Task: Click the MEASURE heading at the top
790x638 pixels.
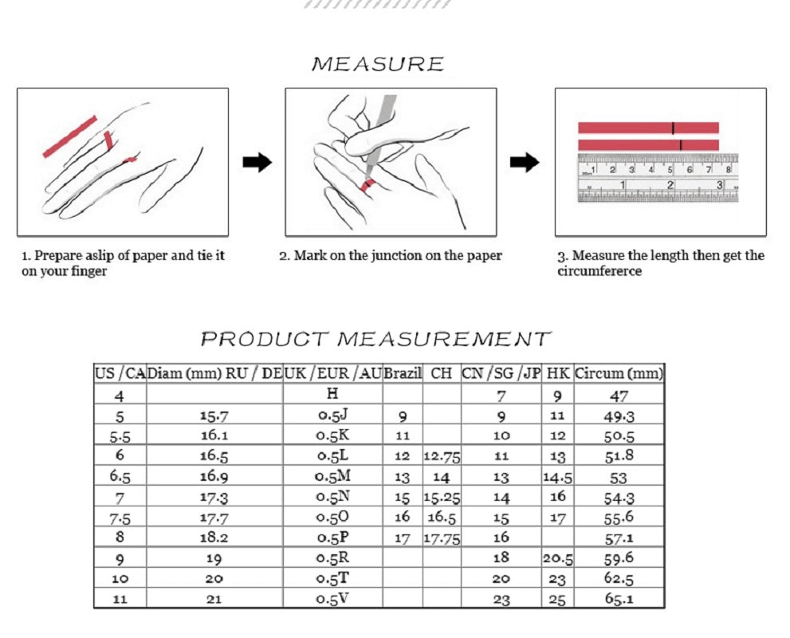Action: pos(378,64)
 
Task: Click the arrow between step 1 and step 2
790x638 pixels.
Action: pos(257,162)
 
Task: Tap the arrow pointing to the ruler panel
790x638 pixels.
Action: pos(525,162)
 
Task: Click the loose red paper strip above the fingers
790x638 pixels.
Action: pos(70,136)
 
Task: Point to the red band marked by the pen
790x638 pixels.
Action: pos(368,185)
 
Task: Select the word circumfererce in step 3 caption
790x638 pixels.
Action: pos(599,271)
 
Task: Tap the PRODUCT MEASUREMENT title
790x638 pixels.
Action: pos(375,339)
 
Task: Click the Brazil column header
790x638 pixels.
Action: pos(403,373)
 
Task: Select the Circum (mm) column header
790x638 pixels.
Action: pos(619,373)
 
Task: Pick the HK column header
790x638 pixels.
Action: pos(558,373)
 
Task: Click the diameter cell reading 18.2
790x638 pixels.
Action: pos(214,538)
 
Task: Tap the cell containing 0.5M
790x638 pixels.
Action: pos(332,476)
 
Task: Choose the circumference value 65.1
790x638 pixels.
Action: pos(619,599)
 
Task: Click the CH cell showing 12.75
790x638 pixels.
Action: pos(442,457)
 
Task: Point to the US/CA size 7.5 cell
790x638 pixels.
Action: pos(120,518)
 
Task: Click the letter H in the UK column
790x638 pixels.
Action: pos(332,393)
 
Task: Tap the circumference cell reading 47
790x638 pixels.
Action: pos(619,396)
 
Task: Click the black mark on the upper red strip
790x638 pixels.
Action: pos(673,128)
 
